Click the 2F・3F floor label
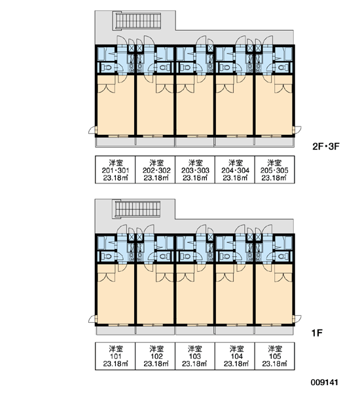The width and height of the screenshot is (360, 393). tap(325, 146)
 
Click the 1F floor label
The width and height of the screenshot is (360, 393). tap(317, 333)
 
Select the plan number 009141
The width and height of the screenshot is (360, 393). tap(324, 383)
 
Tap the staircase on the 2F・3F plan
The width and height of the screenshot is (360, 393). tap(137, 20)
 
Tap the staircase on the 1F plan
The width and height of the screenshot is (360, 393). tap(137, 209)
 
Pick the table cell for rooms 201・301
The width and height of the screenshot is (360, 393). tap(115, 170)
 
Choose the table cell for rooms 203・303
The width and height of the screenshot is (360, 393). tap(195, 170)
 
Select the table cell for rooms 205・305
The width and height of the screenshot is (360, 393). tap(274, 170)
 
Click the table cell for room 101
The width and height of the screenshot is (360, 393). tap(115, 356)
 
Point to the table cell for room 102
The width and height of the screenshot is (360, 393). tap(155, 356)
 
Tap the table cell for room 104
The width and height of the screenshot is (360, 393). tap(235, 356)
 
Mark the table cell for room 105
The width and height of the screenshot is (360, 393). tap(274, 356)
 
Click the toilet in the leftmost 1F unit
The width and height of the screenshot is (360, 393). tap(107, 256)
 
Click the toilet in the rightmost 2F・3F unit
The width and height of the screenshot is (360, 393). tap(283, 67)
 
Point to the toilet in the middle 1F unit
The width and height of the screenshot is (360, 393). tap(186, 256)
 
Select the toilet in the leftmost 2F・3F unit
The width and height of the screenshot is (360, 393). tap(107, 67)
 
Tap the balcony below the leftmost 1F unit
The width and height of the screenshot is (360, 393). tap(116, 331)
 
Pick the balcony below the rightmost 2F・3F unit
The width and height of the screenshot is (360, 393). tap(274, 142)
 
